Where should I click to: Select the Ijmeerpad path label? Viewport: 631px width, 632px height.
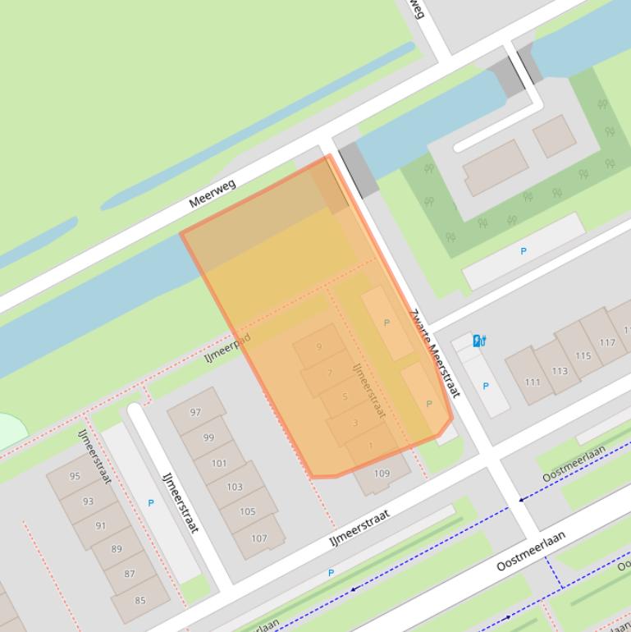coord(227,348)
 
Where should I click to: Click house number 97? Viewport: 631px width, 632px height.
coord(195,413)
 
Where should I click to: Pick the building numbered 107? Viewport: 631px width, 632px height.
coord(259,538)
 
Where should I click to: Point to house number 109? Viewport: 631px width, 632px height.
coord(382,474)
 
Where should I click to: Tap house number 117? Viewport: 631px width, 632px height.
coord(607,343)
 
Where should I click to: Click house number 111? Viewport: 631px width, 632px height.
coord(533,382)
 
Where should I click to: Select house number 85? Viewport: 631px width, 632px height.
coord(140,600)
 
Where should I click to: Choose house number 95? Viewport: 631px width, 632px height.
coord(75,476)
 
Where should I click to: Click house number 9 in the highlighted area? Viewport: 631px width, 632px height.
coord(319,346)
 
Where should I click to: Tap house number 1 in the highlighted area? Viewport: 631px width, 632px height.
coord(371,446)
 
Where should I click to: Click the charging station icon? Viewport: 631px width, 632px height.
coord(478,340)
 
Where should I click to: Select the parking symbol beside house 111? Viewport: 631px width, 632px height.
coord(485,387)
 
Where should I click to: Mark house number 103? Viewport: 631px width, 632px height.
coord(235,487)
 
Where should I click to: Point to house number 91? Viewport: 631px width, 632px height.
coord(101,526)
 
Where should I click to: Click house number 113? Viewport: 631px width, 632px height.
coord(559,370)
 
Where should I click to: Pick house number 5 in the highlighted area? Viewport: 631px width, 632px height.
coord(345,397)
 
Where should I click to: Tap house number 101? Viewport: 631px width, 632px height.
coord(219,463)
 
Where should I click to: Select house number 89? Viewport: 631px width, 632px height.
coord(116,550)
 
